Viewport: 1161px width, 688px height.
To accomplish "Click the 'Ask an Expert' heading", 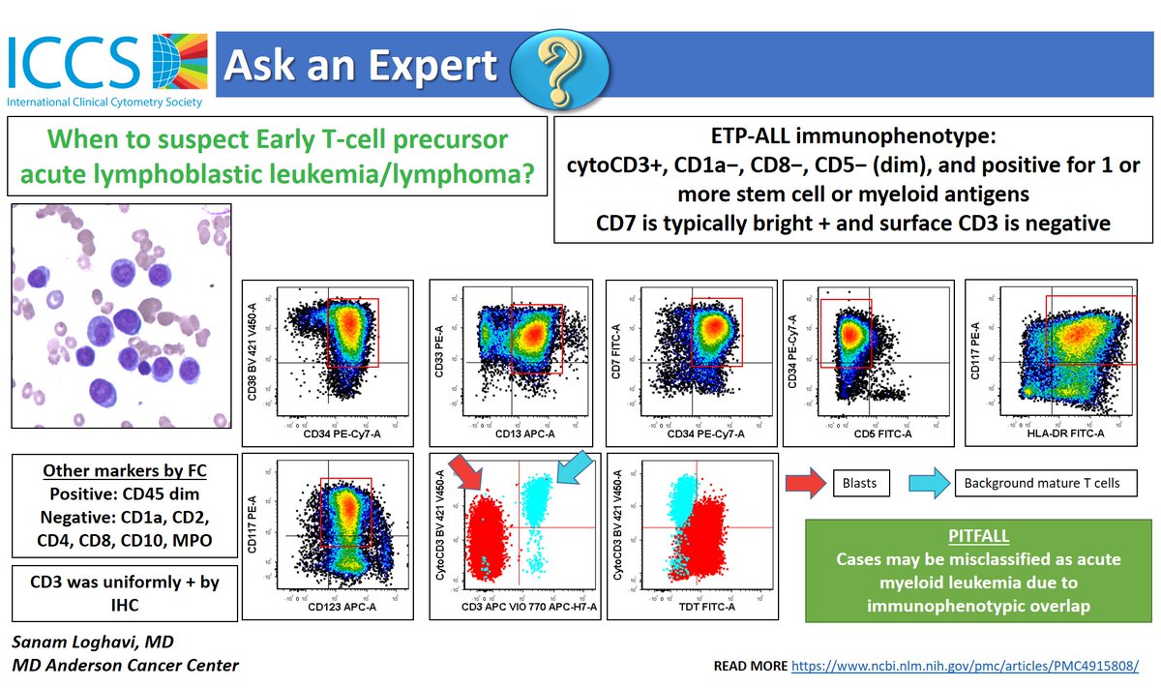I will point(360,66).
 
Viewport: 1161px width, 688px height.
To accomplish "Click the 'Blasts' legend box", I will point(858,483).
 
